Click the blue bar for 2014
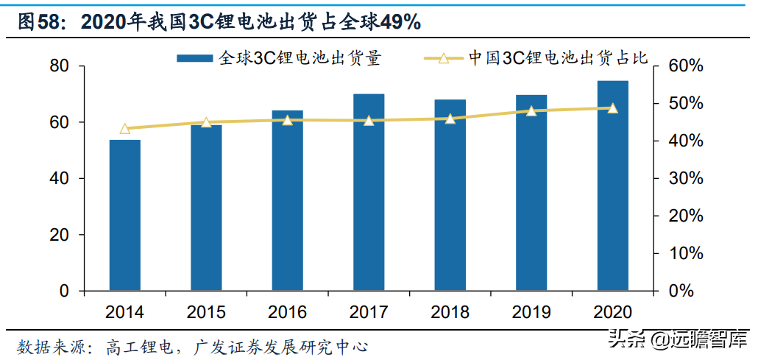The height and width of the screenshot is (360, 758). click(124, 215)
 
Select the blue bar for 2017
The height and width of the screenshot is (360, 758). click(369, 192)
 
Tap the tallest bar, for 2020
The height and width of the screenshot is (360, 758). click(612, 186)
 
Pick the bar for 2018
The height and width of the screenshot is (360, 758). click(450, 195)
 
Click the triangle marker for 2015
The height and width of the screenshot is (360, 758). click(206, 123)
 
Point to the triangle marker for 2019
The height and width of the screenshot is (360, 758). click(531, 111)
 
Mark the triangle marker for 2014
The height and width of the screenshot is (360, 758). click(124, 129)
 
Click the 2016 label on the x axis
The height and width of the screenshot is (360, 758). click(287, 312)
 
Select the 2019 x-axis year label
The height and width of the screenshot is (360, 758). click(531, 312)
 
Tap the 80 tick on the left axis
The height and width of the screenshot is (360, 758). click(60, 66)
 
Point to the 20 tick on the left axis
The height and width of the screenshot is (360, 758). click(60, 235)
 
